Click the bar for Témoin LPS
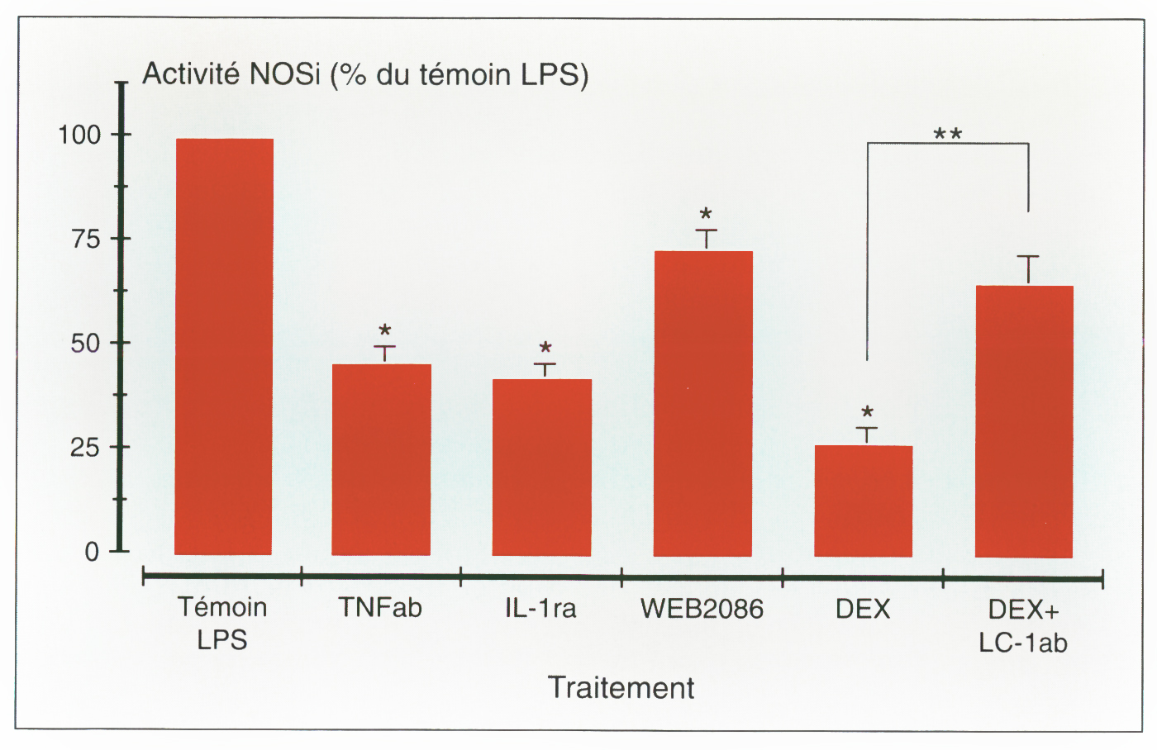(224, 347)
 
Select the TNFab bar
(381, 459)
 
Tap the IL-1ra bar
(541, 467)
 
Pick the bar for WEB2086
(702, 403)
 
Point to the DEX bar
(863, 501)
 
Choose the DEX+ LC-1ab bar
(1024, 421)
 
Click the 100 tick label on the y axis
(79, 135)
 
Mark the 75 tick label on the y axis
(87, 240)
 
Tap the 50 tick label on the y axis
(87, 344)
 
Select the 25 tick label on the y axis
(87, 448)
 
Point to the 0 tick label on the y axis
(92, 552)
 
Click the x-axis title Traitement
(621, 687)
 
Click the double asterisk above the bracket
(948, 134)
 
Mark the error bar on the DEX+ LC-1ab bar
(1028, 269)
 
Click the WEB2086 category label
(702, 609)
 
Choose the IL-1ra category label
(540, 609)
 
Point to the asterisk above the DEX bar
(867, 412)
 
